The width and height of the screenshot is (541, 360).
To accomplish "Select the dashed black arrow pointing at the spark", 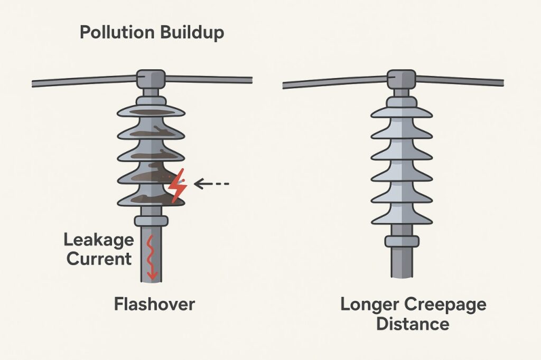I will tap(211, 184).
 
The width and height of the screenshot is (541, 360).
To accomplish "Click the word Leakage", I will tap(99, 240).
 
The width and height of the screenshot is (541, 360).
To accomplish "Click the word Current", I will tap(98, 259).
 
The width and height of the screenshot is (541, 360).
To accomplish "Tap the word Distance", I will tap(413, 323).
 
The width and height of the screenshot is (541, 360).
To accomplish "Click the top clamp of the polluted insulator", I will tap(151, 79).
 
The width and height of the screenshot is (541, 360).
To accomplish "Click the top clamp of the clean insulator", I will tap(402, 79).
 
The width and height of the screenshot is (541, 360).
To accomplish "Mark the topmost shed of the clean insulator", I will tap(402, 111).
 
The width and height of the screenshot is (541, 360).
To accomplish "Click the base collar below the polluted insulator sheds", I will tap(151, 220).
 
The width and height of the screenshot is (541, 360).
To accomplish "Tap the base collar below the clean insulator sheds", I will tap(402, 241).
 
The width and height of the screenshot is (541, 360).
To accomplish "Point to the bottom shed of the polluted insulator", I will tap(151, 198).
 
